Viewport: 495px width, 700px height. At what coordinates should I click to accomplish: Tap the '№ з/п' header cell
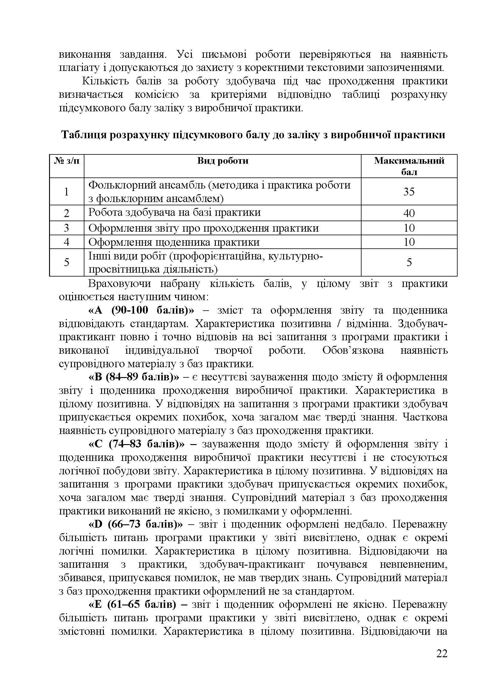[66, 161]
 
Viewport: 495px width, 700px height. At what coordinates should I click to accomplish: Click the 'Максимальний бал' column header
[409, 166]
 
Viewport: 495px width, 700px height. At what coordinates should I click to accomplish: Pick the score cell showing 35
[409, 192]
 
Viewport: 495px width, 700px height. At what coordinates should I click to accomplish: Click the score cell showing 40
[409, 213]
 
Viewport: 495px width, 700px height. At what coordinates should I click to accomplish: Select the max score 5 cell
[409, 262]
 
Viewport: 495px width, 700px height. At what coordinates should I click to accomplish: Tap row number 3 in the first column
[66, 228]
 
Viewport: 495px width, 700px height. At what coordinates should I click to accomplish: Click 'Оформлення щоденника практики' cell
[174, 242]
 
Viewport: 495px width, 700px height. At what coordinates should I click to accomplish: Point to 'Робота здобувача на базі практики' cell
[174, 212]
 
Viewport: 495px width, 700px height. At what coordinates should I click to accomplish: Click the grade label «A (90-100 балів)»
[141, 310]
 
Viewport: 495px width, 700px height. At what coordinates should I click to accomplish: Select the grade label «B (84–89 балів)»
[134, 377]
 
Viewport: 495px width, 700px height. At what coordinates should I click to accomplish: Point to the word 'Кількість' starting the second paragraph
[103, 81]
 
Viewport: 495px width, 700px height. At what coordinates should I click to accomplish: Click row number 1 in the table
[66, 192]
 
